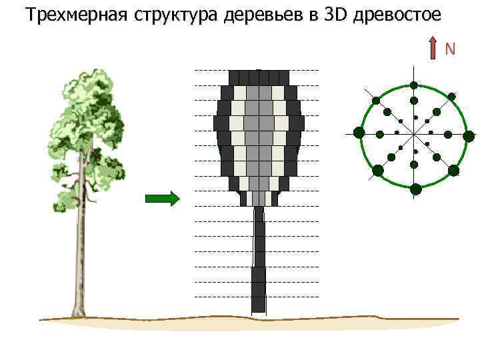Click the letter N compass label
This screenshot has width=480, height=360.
450,49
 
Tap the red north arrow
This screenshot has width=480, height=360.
434,51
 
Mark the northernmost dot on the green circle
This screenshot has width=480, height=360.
414,85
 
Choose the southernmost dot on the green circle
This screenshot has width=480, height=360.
415,189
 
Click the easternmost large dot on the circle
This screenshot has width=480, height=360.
469,136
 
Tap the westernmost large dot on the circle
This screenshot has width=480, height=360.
359,132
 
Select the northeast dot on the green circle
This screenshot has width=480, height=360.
452,97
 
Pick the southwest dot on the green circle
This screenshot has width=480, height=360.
378,170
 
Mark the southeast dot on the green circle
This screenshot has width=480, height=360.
453,170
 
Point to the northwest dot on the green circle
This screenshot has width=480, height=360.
376,101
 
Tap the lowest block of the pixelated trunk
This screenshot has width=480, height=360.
258,304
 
